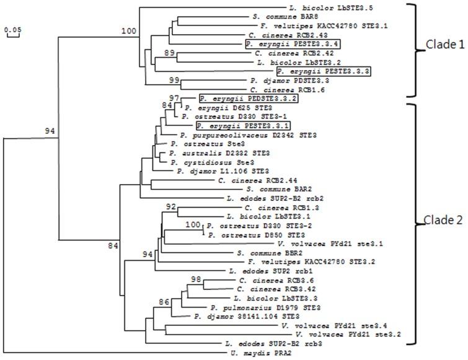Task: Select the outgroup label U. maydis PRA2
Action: (256, 353)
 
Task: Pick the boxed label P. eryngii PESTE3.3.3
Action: (316, 72)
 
